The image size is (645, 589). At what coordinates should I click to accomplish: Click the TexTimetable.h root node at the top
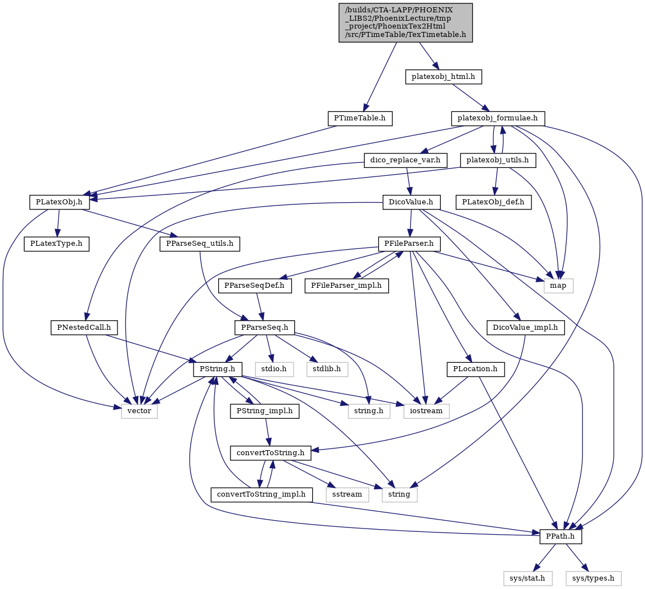(x=406, y=22)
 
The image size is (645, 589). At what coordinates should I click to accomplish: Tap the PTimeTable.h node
(x=360, y=119)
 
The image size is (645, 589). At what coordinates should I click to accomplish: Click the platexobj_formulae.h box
(x=498, y=119)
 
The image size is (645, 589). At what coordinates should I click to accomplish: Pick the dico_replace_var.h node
(x=406, y=160)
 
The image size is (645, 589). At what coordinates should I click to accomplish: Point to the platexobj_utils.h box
(x=498, y=160)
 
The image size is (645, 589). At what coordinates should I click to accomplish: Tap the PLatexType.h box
(x=57, y=244)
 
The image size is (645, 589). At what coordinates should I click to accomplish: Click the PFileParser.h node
(x=409, y=244)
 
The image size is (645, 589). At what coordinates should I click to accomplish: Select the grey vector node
(x=139, y=411)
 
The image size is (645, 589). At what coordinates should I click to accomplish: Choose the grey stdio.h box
(x=274, y=369)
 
